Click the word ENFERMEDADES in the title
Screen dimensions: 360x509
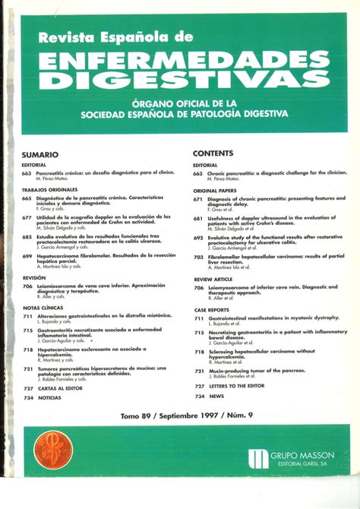pyautogui.click(x=178, y=56)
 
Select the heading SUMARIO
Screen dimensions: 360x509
pyautogui.click(x=40, y=154)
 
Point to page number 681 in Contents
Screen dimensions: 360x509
pyautogui.click(x=198, y=218)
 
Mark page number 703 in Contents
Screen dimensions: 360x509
pyautogui.click(x=198, y=258)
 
